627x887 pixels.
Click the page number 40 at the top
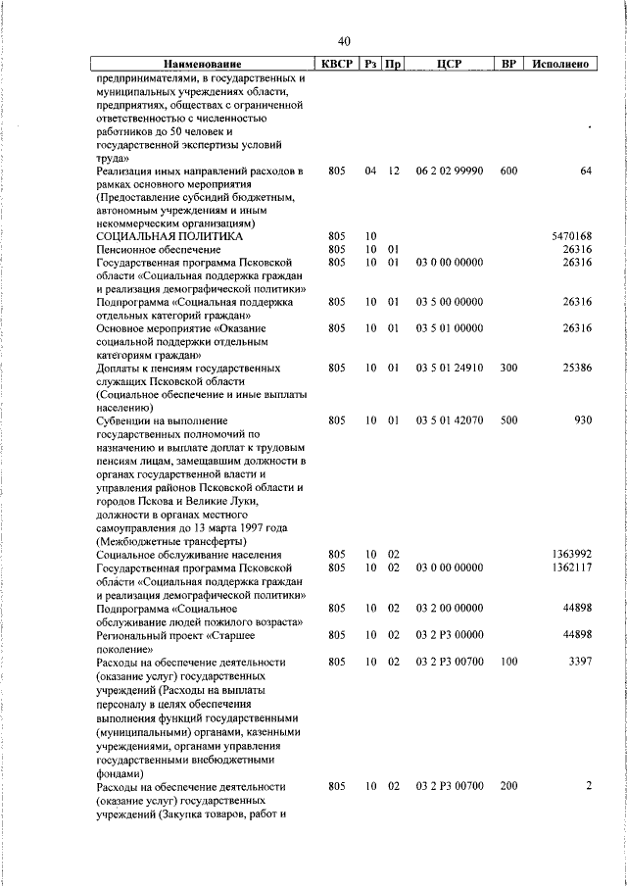coord(344,41)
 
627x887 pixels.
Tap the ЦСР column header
coord(449,64)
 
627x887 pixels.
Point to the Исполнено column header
coord(560,64)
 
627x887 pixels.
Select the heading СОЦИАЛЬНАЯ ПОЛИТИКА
coord(169,236)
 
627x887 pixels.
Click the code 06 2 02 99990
coord(449,171)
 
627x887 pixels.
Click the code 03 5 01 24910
coord(449,368)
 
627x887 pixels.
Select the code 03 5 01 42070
coord(449,420)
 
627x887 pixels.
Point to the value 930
coord(583,420)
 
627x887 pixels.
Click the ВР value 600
coord(508,171)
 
